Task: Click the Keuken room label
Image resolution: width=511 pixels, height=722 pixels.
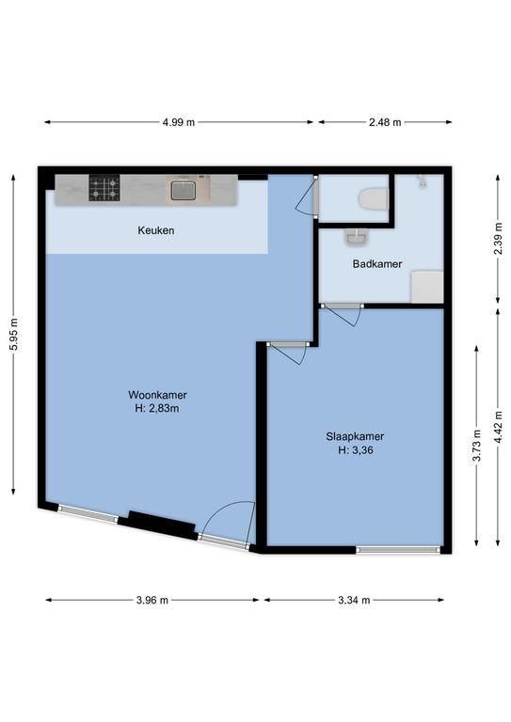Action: [155, 230]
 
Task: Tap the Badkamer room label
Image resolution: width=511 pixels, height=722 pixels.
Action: [377, 264]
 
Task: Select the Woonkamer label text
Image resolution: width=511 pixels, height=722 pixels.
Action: [157, 395]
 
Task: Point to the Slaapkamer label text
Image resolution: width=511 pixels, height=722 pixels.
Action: [355, 436]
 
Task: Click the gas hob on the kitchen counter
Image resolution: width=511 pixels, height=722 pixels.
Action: [104, 188]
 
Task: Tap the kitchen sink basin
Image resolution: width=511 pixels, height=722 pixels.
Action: [183, 190]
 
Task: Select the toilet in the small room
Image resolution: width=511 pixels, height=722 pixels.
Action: [374, 199]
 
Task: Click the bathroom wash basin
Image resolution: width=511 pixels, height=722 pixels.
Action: [356, 237]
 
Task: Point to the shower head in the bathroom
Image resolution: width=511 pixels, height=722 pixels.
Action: [422, 180]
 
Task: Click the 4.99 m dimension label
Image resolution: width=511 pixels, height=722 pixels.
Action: [178, 122]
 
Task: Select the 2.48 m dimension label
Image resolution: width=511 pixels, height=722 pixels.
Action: [385, 122]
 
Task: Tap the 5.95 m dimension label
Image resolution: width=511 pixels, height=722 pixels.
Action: [13, 335]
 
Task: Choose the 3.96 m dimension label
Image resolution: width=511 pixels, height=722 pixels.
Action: [152, 600]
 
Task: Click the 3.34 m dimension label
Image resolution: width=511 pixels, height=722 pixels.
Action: [354, 600]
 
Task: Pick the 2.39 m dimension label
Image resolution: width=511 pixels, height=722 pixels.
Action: [498, 238]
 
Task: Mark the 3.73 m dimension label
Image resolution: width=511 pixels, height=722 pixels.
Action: [477, 446]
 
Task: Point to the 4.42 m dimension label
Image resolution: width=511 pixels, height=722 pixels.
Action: [498, 428]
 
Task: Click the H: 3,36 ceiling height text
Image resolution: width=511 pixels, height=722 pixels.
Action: [356, 450]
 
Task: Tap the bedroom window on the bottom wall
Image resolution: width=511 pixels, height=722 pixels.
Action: [399, 549]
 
